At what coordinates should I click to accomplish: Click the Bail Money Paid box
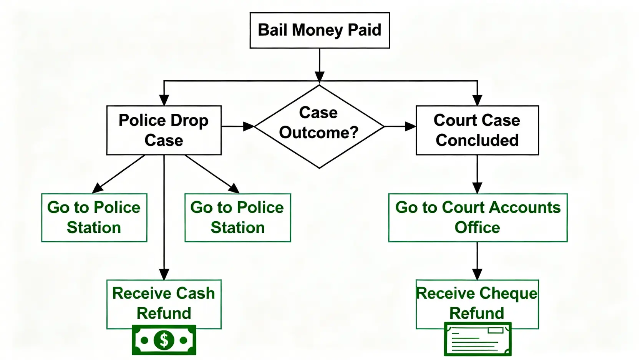coord(320,30)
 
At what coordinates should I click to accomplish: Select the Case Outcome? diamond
coord(319,127)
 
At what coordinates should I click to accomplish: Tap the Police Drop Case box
coord(164,130)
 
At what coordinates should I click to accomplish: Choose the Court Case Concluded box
coord(477,130)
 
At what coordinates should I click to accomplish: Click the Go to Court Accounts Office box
coord(478,217)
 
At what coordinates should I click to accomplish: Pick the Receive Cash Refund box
coord(164,304)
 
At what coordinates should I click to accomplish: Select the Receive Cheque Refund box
coord(477,304)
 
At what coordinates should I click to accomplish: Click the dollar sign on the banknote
coord(164,340)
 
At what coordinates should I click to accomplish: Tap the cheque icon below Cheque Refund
coord(478,339)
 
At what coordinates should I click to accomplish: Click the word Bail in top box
coord(272,30)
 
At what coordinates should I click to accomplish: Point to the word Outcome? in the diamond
coord(318,133)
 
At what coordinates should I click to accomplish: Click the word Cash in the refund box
coord(196,293)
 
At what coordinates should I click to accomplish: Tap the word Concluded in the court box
coord(477,140)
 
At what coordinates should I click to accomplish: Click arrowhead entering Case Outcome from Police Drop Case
coord(249,126)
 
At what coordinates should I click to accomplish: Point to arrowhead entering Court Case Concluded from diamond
coord(411,126)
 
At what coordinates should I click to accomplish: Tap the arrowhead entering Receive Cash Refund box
coord(164,274)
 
